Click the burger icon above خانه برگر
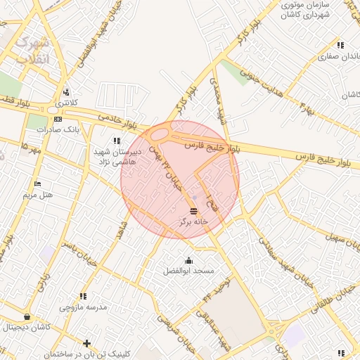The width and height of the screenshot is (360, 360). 194,211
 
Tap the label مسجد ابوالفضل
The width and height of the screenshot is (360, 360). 188,271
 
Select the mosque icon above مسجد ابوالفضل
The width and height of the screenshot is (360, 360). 188,261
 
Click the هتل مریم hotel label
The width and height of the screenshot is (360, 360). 38,194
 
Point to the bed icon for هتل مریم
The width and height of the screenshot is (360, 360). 37,184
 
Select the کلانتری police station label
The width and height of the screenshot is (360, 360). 67,103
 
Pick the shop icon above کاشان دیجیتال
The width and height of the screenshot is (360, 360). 27,317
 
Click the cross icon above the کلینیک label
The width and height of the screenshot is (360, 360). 86,343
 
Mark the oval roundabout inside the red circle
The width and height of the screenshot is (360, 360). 160,134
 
